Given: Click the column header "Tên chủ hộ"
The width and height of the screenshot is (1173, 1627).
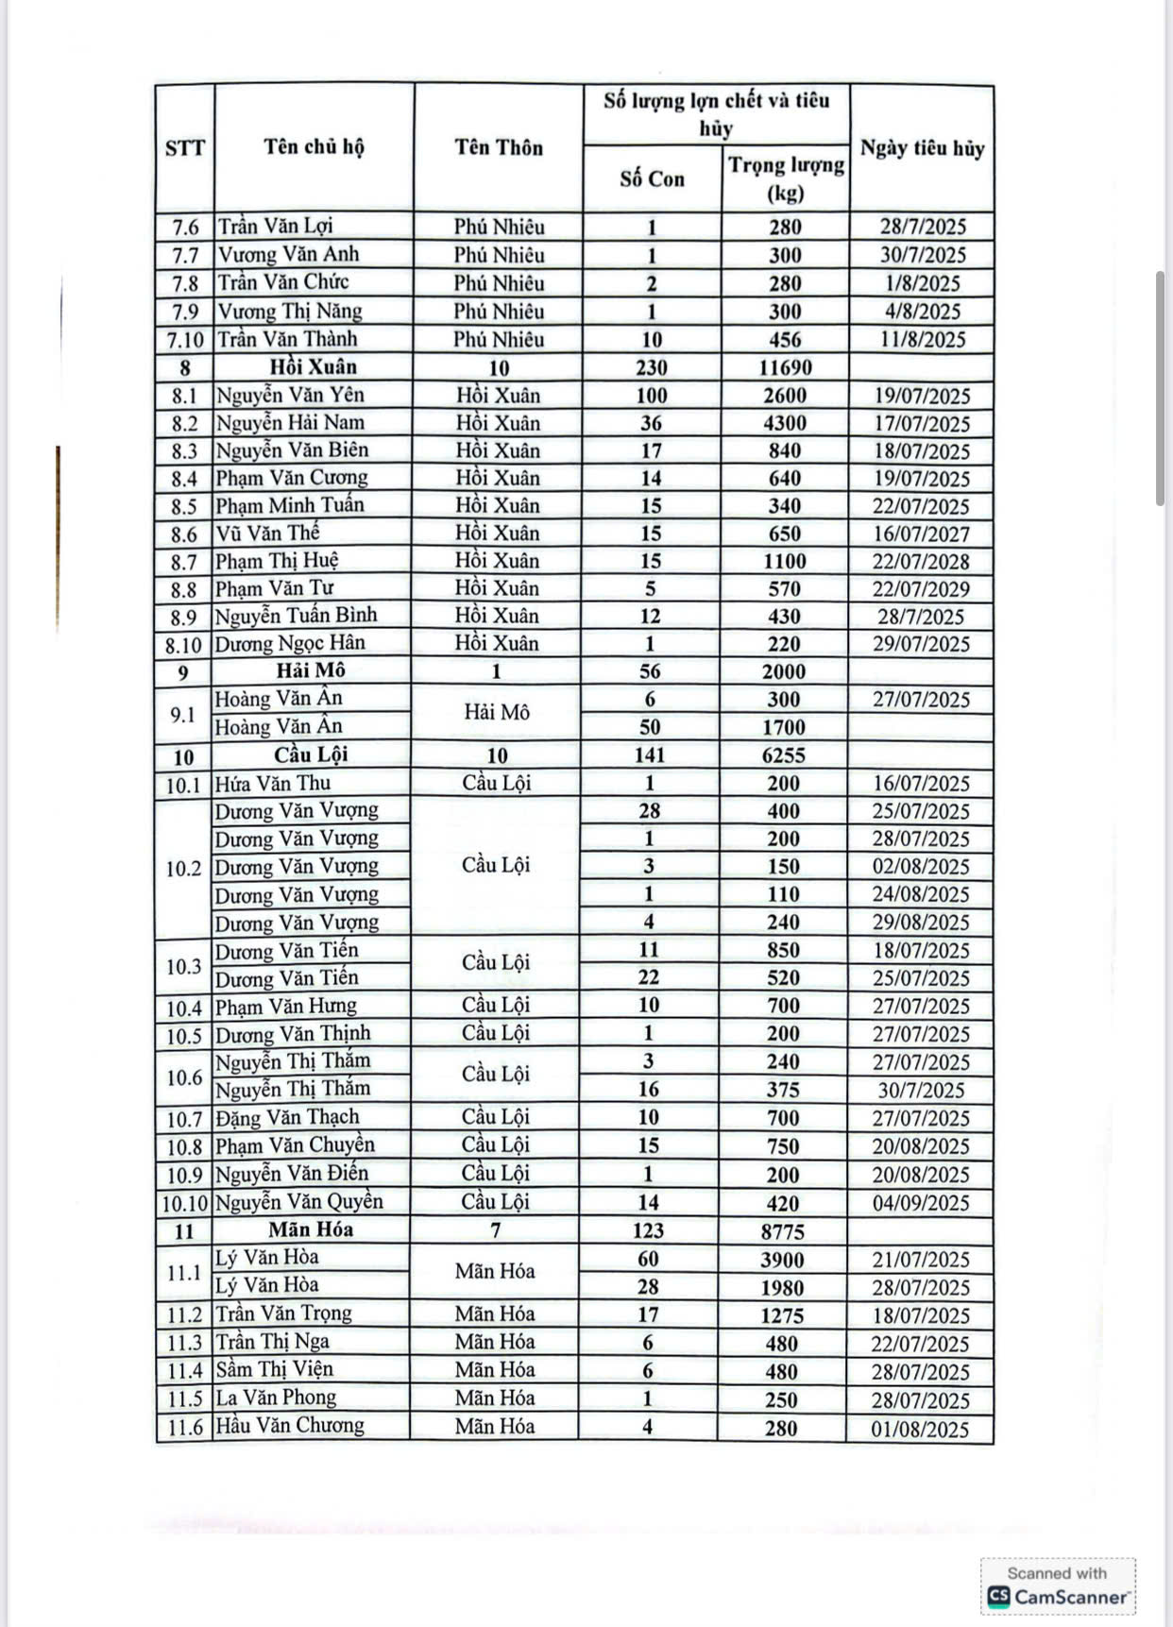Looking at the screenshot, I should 314,147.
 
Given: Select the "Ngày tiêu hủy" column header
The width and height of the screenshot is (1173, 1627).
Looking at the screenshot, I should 922,148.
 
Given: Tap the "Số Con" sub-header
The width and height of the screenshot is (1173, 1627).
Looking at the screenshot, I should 652,179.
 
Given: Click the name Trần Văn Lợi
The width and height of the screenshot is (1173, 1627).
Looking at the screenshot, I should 276,227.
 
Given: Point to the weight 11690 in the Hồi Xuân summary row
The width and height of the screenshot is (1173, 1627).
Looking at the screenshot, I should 785,367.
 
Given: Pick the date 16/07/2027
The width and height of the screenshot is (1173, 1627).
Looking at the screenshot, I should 921,534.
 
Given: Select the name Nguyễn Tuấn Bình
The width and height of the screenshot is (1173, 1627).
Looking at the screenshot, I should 297,616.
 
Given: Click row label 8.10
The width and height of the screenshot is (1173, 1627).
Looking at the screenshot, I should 183,645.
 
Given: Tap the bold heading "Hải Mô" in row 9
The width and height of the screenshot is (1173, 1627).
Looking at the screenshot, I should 311,670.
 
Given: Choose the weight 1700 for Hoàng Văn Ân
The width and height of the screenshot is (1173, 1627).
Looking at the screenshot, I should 784,727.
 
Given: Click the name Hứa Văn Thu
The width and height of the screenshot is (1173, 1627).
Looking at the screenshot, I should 273,783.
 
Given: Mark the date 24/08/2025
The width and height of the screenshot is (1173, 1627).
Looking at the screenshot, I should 921,894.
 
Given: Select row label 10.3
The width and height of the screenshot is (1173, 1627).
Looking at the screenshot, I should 183,966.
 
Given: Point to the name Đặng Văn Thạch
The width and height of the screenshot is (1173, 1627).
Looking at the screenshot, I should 287,1118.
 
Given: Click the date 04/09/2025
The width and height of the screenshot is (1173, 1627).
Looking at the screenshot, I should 921,1203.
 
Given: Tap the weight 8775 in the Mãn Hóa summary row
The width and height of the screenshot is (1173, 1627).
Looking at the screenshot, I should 782,1231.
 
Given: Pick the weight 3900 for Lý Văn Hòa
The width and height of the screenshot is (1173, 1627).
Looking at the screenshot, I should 782,1260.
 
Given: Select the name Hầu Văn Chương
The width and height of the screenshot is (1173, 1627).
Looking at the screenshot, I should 290,1426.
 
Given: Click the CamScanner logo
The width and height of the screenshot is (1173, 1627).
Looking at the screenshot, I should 1058,1597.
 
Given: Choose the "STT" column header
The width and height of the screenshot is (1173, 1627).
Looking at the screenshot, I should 184,148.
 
